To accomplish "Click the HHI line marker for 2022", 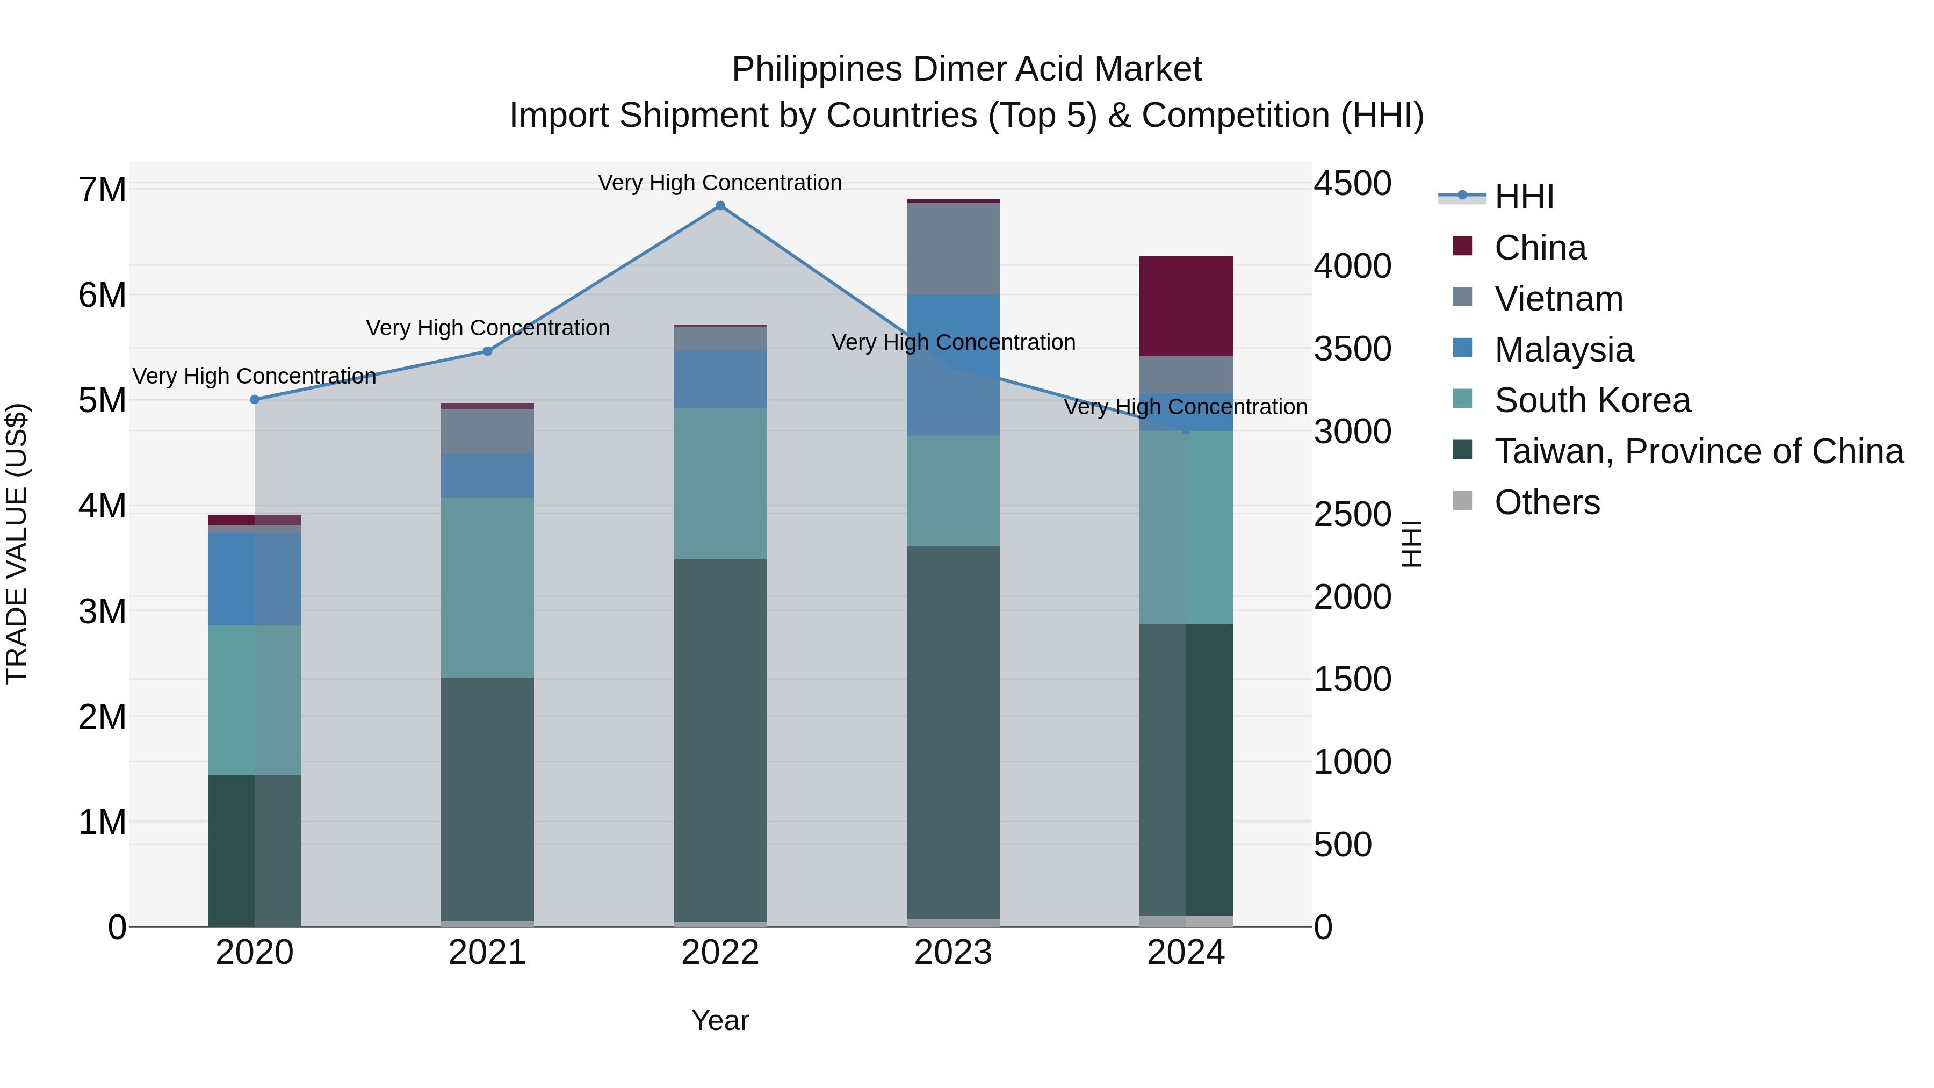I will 720,206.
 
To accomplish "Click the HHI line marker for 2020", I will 255,399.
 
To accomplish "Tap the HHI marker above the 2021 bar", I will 487,351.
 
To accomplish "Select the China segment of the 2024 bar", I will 1186,306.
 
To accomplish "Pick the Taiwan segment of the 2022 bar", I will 720,740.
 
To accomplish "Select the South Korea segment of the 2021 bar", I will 487,587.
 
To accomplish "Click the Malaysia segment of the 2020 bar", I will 255,579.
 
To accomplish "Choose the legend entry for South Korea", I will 1592,400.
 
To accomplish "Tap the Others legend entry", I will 1547,502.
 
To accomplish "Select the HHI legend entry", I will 1524,197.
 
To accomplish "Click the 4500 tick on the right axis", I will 1352,183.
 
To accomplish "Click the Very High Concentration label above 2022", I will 720,183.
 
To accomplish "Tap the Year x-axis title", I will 720,1020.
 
